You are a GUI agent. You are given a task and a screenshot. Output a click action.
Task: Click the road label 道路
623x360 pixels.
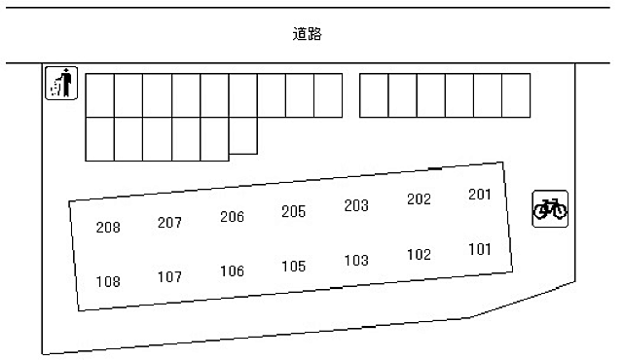pyautogui.click(x=307, y=34)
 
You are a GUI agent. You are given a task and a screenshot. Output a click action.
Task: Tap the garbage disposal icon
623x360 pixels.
pyautogui.click(x=60, y=83)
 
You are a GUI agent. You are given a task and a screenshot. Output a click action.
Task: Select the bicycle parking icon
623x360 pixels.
pyautogui.click(x=550, y=208)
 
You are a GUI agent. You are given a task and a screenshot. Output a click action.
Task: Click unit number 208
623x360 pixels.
pyautogui.click(x=108, y=228)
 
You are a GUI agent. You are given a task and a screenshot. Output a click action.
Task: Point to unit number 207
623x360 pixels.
pyautogui.click(x=169, y=223)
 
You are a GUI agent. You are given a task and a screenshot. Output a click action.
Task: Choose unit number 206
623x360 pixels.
pyautogui.click(x=232, y=217)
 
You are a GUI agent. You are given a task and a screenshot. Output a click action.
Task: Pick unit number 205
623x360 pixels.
pyautogui.click(x=293, y=211)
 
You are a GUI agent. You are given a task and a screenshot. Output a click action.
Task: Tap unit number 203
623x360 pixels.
pyautogui.click(x=356, y=205)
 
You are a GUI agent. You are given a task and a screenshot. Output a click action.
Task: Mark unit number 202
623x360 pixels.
pyautogui.click(x=419, y=199)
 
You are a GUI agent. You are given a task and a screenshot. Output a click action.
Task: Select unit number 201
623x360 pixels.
pyautogui.click(x=480, y=194)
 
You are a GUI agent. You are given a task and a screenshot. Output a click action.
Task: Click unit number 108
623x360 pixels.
pyautogui.click(x=108, y=282)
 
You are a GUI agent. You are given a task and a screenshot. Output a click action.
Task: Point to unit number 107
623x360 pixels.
pyautogui.click(x=169, y=276)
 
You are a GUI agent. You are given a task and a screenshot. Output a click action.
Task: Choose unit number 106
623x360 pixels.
pyautogui.click(x=232, y=271)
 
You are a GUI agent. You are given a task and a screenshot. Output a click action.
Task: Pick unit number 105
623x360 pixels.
pyautogui.click(x=293, y=266)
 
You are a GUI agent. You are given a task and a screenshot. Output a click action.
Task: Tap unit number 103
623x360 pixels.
pyautogui.click(x=356, y=260)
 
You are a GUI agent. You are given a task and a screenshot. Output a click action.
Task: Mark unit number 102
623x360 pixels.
pyautogui.click(x=419, y=255)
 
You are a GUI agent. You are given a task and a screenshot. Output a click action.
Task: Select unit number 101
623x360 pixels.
pyautogui.click(x=480, y=249)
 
